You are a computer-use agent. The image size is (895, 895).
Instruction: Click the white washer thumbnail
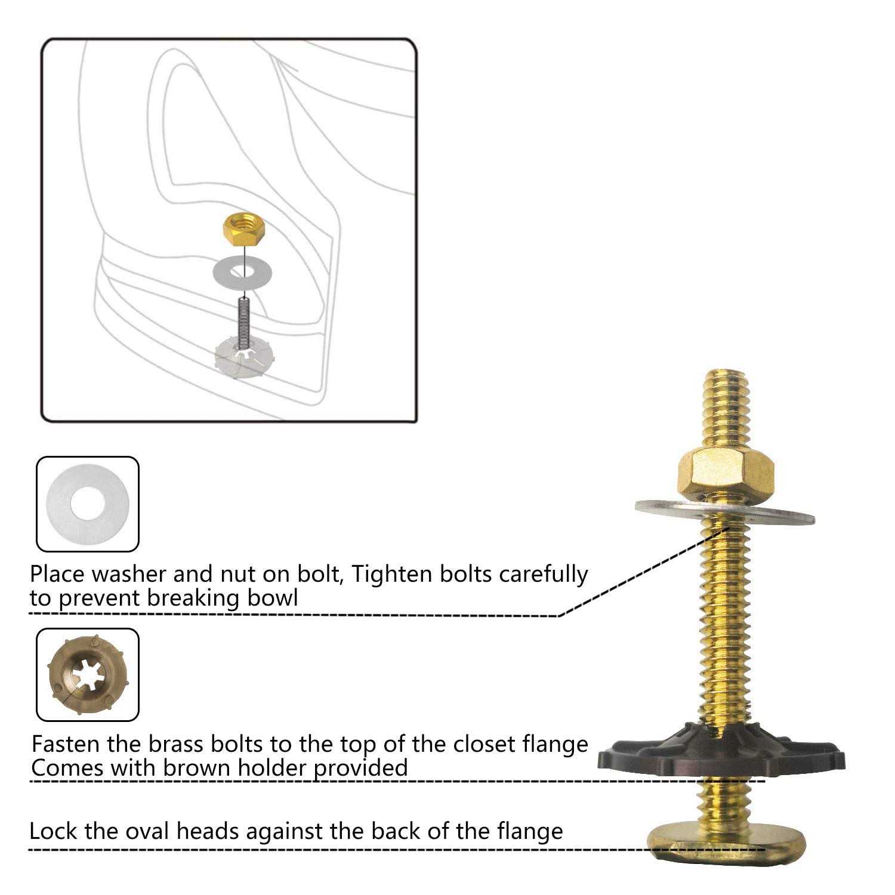pyautogui.click(x=88, y=504)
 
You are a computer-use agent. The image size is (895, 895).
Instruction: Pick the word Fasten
pyautogui.click(x=66, y=745)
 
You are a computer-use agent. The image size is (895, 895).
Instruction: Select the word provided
pyautogui.click(x=360, y=769)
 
